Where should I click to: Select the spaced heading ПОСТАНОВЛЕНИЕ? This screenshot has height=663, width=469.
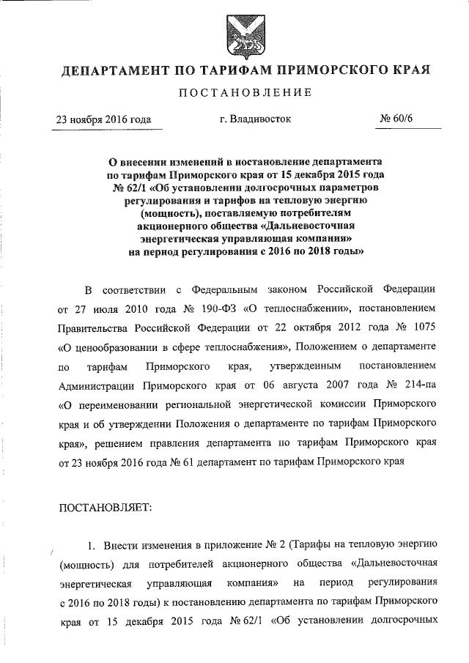click(236, 93)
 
